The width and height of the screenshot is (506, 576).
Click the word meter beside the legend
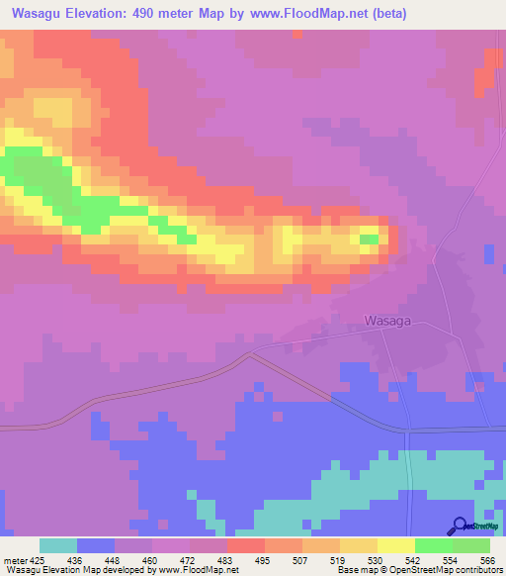pos(15,560)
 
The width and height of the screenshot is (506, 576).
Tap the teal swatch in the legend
pos(58,545)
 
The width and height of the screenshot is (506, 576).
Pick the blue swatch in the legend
pos(96,545)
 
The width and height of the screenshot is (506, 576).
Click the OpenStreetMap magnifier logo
pos(460,527)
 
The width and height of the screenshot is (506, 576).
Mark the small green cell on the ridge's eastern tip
pos(369,240)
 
